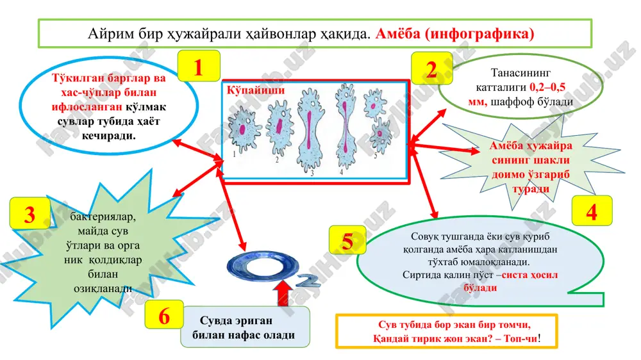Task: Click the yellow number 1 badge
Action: (x=199, y=66)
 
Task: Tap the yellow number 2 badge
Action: (x=431, y=69)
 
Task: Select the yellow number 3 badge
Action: (x=30, y=213)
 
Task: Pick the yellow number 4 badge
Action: (x=592, y=211)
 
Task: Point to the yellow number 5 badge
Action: (x=347, y=240)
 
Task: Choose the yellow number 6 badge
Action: (x=164, y=315)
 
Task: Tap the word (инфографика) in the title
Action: (x=479, y=33)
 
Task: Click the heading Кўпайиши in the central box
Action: (x=256, y=90)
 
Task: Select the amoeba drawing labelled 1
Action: (x=244, y=131)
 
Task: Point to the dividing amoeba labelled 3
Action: (x=311, y=130)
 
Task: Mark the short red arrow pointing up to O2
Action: (x=283, y=293)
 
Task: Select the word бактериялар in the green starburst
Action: (x=103, y=216)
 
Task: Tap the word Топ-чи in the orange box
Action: (x=520, y=338)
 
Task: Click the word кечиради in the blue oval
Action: (x=109, y=136)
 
